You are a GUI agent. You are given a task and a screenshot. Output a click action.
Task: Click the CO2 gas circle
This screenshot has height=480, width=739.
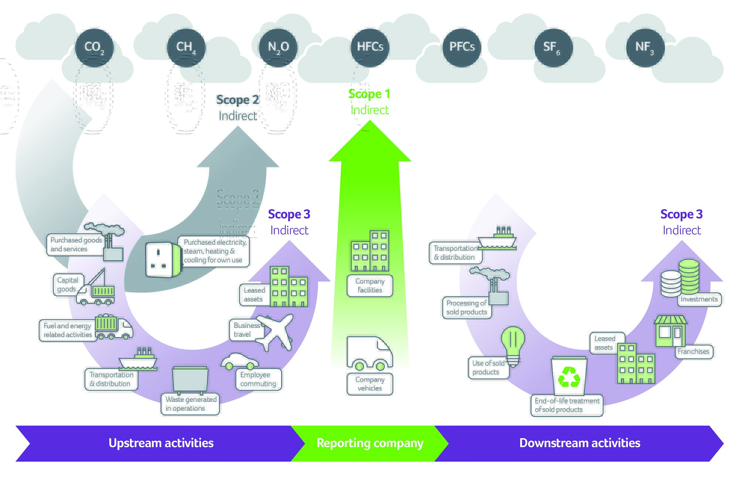point(94,48)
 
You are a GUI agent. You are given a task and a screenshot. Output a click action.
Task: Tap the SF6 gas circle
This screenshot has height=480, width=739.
point(553,48)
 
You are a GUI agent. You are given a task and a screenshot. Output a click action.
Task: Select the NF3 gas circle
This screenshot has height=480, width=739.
point(645,48)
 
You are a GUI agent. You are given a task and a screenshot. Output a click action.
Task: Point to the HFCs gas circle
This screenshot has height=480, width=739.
point(370,48)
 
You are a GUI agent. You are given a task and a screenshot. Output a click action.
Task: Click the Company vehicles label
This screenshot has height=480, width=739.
point(369,384)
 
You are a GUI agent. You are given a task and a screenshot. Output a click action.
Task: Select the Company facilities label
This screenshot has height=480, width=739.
point(369,286)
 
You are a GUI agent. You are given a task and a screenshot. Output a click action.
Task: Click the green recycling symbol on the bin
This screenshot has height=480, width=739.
point(569,377)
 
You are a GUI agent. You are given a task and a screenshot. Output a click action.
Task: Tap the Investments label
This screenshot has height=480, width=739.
point(699,299)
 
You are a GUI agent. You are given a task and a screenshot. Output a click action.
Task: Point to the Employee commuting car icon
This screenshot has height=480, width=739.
point(239,361)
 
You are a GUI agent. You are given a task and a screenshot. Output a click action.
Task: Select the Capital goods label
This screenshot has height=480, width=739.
point(68,285)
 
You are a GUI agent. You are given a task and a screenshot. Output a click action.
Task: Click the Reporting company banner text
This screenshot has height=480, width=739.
point(369,443)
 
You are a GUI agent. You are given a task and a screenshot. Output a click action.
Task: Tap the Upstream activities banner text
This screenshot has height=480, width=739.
point(161,443)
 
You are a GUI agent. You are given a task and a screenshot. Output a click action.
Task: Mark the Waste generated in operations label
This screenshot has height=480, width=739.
point(190,404)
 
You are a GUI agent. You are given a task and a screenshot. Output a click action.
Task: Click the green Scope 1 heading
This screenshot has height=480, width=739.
point(369,94)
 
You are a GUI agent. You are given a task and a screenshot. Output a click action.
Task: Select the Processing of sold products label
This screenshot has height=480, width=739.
point(466,307)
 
